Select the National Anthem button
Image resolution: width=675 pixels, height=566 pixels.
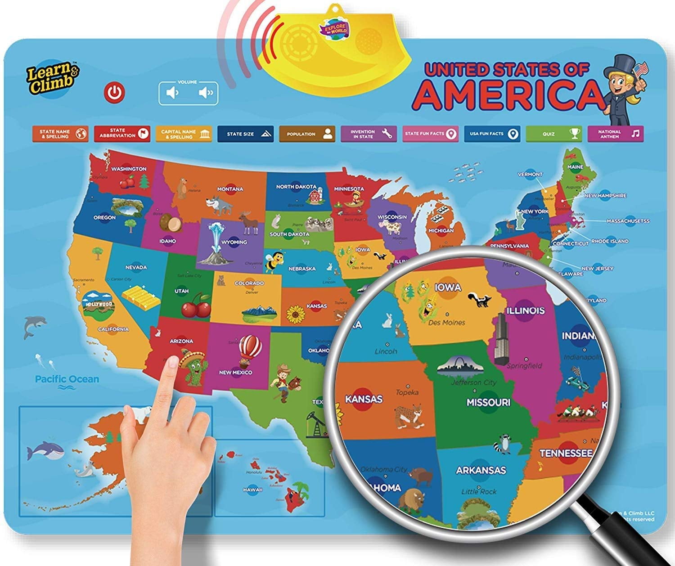(615, 134)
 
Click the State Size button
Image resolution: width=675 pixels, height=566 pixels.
(245, 134)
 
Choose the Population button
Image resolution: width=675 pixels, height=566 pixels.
(307, 134)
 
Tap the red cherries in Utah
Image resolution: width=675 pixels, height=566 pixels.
(196, 306)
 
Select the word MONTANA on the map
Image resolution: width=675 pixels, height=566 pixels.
(230, 189)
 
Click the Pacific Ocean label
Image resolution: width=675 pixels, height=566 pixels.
(67, 379)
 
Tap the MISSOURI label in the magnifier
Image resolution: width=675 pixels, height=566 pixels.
(488, 402)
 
